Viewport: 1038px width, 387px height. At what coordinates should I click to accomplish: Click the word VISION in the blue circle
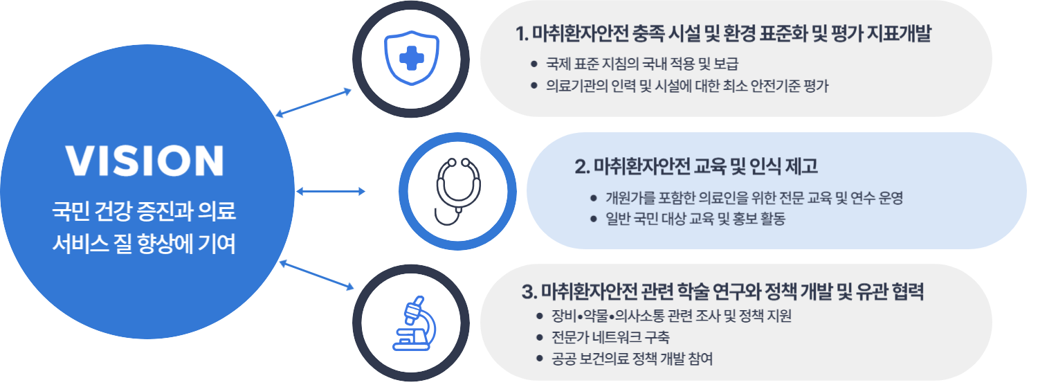coord(145,160)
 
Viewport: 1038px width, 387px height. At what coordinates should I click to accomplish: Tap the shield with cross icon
coord(413,57)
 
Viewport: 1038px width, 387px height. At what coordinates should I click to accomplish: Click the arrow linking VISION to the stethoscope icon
coord(330,191)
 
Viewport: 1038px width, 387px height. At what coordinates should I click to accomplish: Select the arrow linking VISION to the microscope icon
coord(316,275)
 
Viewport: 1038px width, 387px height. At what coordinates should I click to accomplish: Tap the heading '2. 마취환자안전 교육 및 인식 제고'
coord(696,167)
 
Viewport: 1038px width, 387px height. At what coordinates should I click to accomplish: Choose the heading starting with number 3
coord(723,292)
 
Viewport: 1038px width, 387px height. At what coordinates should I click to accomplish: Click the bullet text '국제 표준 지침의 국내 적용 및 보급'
coord(642,65)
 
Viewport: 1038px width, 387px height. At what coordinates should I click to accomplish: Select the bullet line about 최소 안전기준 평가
coord(686,87)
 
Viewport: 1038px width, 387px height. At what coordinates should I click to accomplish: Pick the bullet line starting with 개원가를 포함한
coord(754,198)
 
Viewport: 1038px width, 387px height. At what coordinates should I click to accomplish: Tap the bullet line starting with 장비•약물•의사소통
coord(671,316)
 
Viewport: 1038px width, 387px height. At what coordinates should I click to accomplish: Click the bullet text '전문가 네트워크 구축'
coord(610,337)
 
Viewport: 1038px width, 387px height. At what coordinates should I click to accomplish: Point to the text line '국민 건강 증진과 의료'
coord(145,210)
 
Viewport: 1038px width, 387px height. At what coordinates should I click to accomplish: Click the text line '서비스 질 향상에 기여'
coord(145,244)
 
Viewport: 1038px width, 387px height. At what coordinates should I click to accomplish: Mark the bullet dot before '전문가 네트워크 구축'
coord(540,338)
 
